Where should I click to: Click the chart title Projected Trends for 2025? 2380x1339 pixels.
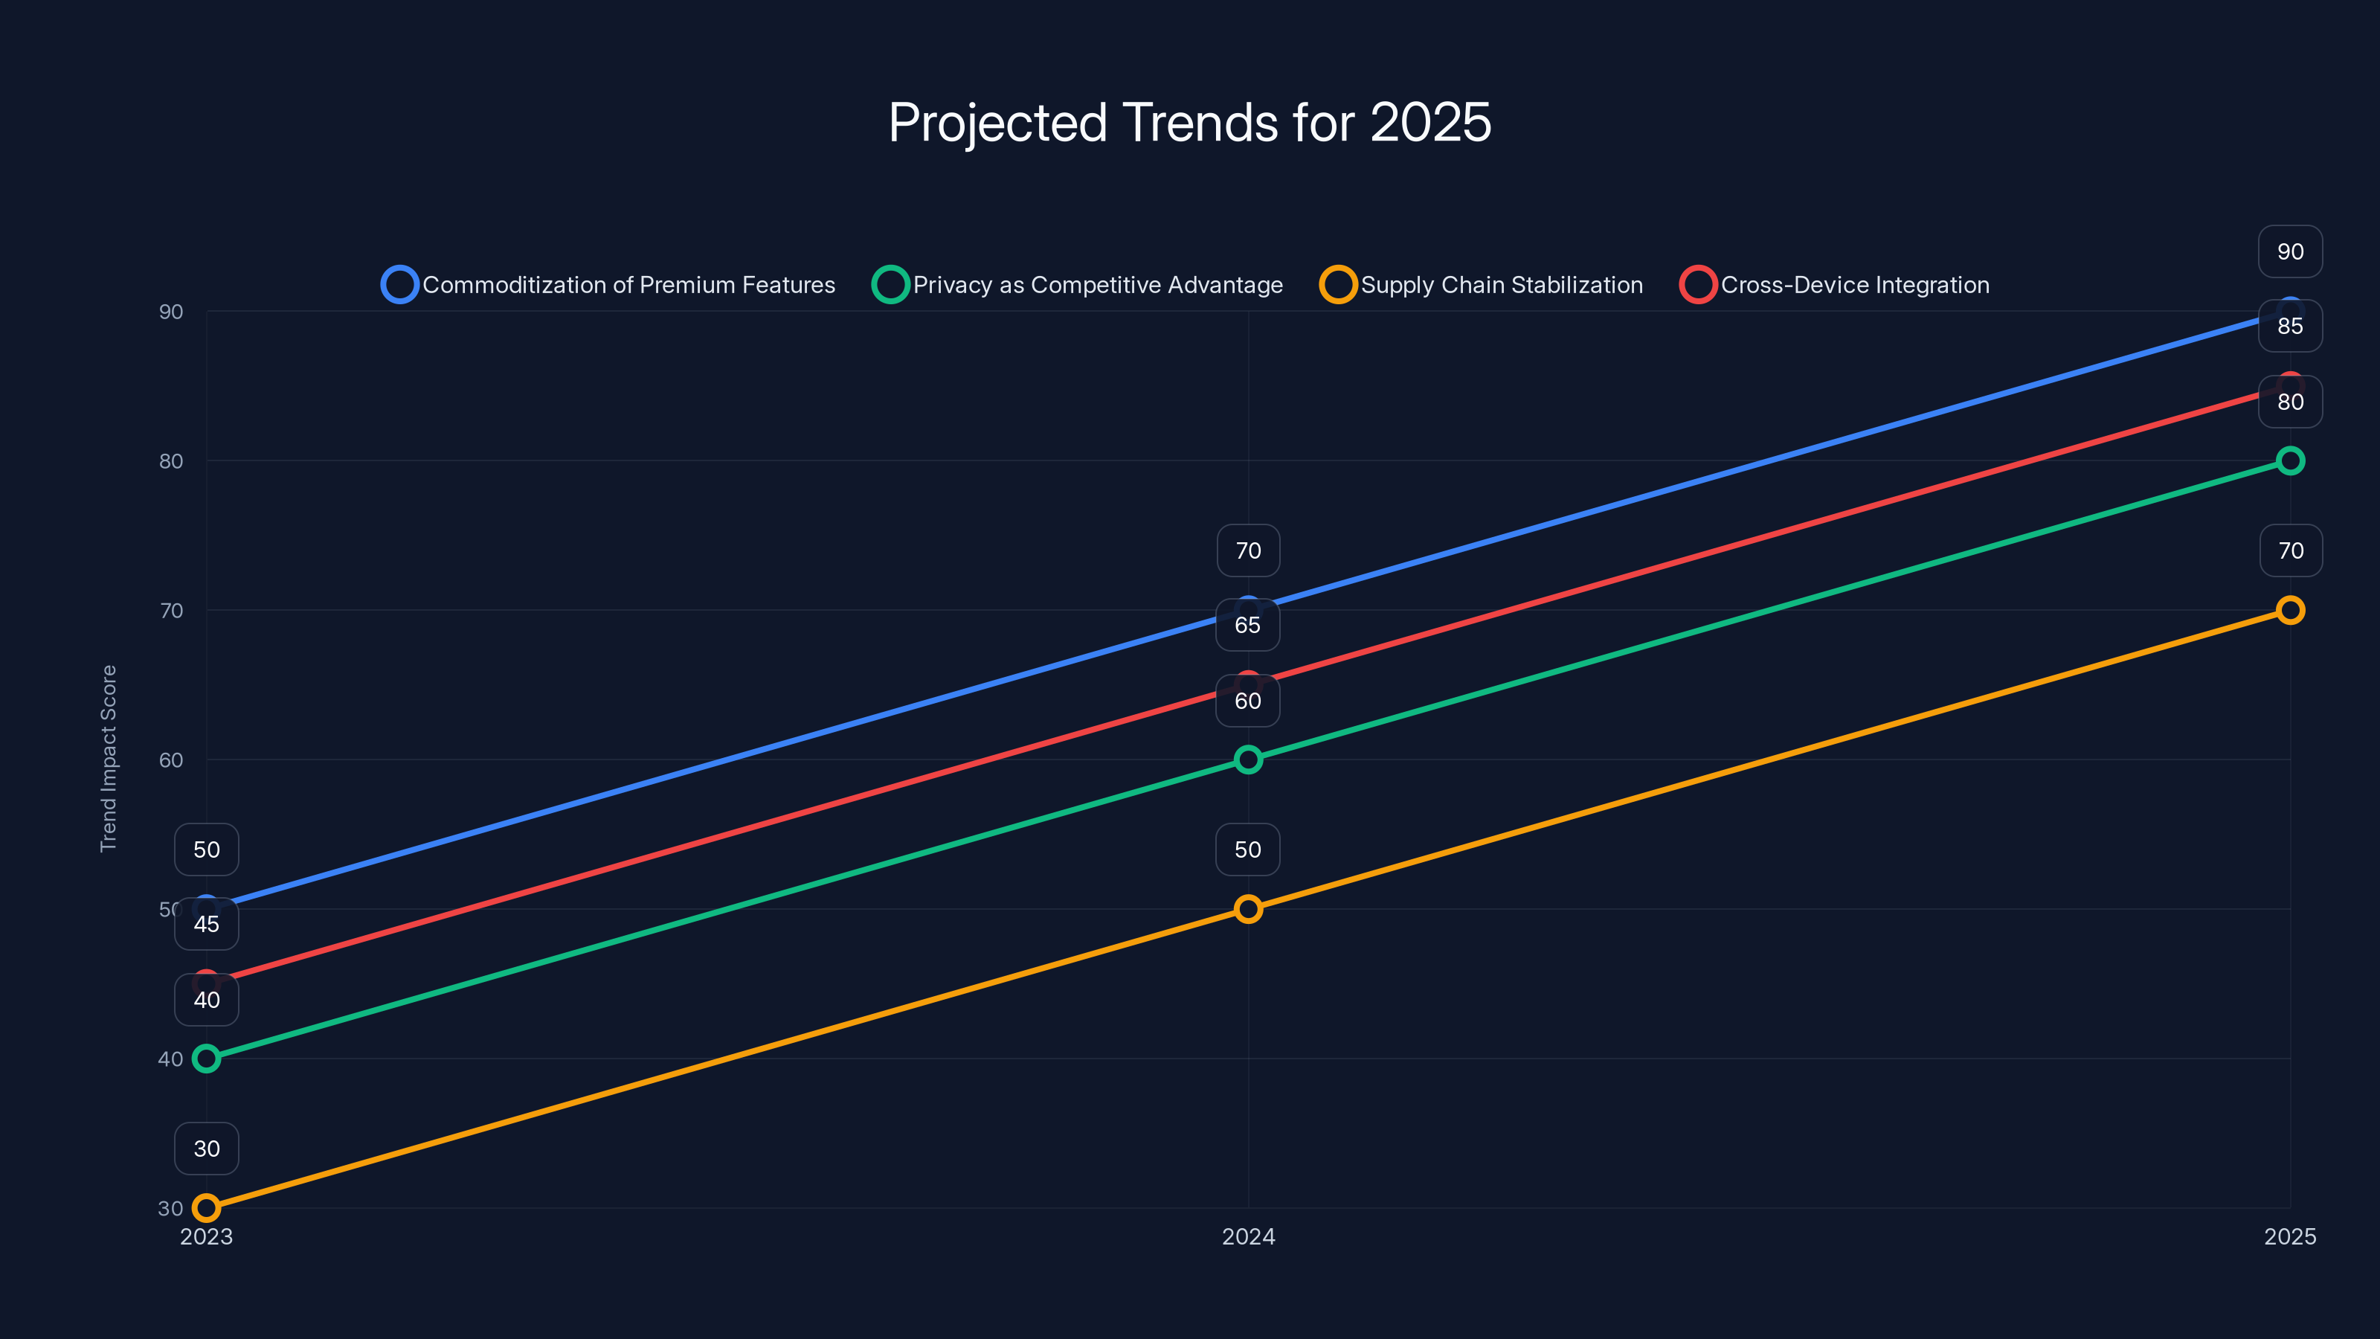(x=1189, y=123)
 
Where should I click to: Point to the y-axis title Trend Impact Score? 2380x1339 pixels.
(x=109, y=759)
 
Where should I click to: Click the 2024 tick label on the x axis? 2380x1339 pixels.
(x=1248, y=1236)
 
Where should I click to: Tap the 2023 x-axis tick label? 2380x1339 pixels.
(x=206, y=1236)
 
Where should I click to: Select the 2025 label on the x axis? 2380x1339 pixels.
(x=2289, y=1236)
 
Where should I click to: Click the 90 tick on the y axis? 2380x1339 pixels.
(x=171, y=312)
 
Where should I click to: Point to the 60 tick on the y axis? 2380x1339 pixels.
(x=171, y=760)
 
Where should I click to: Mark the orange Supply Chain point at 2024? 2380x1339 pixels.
(x=1248, y=909)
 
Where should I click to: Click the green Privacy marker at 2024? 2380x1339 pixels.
(x=1248, y=760)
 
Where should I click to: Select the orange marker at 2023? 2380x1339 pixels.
(x=206, y=1208)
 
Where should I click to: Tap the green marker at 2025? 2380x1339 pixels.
(x=2289, y=460)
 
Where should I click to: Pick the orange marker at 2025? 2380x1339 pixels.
(x=2289, y=610)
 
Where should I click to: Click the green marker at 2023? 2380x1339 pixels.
(x=206, y=1058)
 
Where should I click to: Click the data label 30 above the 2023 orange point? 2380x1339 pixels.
(x=206, y=1149)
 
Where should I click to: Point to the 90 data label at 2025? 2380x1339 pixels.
(x=2289, y=251)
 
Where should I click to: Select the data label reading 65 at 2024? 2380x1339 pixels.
(x=1247, y=626)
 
